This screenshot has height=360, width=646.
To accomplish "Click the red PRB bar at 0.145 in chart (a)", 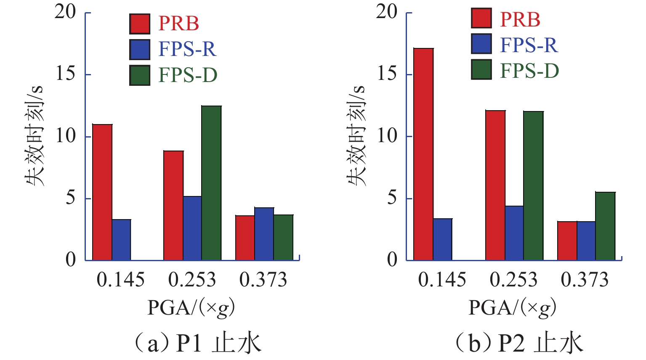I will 102,192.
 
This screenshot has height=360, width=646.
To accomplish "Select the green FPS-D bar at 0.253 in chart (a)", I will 211,183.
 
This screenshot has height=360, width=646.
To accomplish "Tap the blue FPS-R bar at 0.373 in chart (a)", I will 264,234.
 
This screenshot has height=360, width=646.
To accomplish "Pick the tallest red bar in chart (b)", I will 423,154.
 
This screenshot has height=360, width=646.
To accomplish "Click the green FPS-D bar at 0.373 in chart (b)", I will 605,226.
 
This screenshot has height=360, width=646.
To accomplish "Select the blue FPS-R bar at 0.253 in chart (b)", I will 514,233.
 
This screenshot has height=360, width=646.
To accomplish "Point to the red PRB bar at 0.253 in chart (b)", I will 495,185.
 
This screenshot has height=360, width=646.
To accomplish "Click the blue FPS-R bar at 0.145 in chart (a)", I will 121,240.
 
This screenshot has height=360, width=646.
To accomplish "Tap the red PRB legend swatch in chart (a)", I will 140,24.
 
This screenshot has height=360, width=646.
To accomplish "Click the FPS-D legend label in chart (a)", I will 188,75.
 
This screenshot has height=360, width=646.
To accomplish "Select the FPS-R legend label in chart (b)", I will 529,45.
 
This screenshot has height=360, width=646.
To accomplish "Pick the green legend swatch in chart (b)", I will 481,70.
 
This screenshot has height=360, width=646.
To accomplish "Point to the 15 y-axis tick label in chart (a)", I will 65,74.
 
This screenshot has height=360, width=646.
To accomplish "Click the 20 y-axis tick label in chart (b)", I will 387,12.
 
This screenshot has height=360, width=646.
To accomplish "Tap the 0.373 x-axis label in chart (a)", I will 263,280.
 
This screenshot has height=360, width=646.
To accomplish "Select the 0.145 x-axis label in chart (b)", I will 442,280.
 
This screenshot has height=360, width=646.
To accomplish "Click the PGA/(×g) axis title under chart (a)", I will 191,308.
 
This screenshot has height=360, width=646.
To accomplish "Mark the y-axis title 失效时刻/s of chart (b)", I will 356,135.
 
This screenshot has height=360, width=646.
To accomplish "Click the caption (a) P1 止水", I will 196,343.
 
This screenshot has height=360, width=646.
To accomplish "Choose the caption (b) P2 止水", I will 518,343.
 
